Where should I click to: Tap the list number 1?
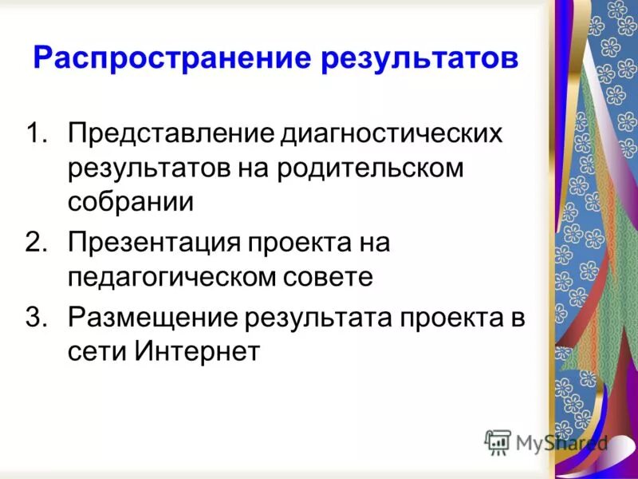point(39,134)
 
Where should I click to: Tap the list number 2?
point(39,242)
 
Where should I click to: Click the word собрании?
point(130,202)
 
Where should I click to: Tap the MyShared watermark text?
point(561,442)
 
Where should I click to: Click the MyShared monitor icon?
point(498,441)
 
